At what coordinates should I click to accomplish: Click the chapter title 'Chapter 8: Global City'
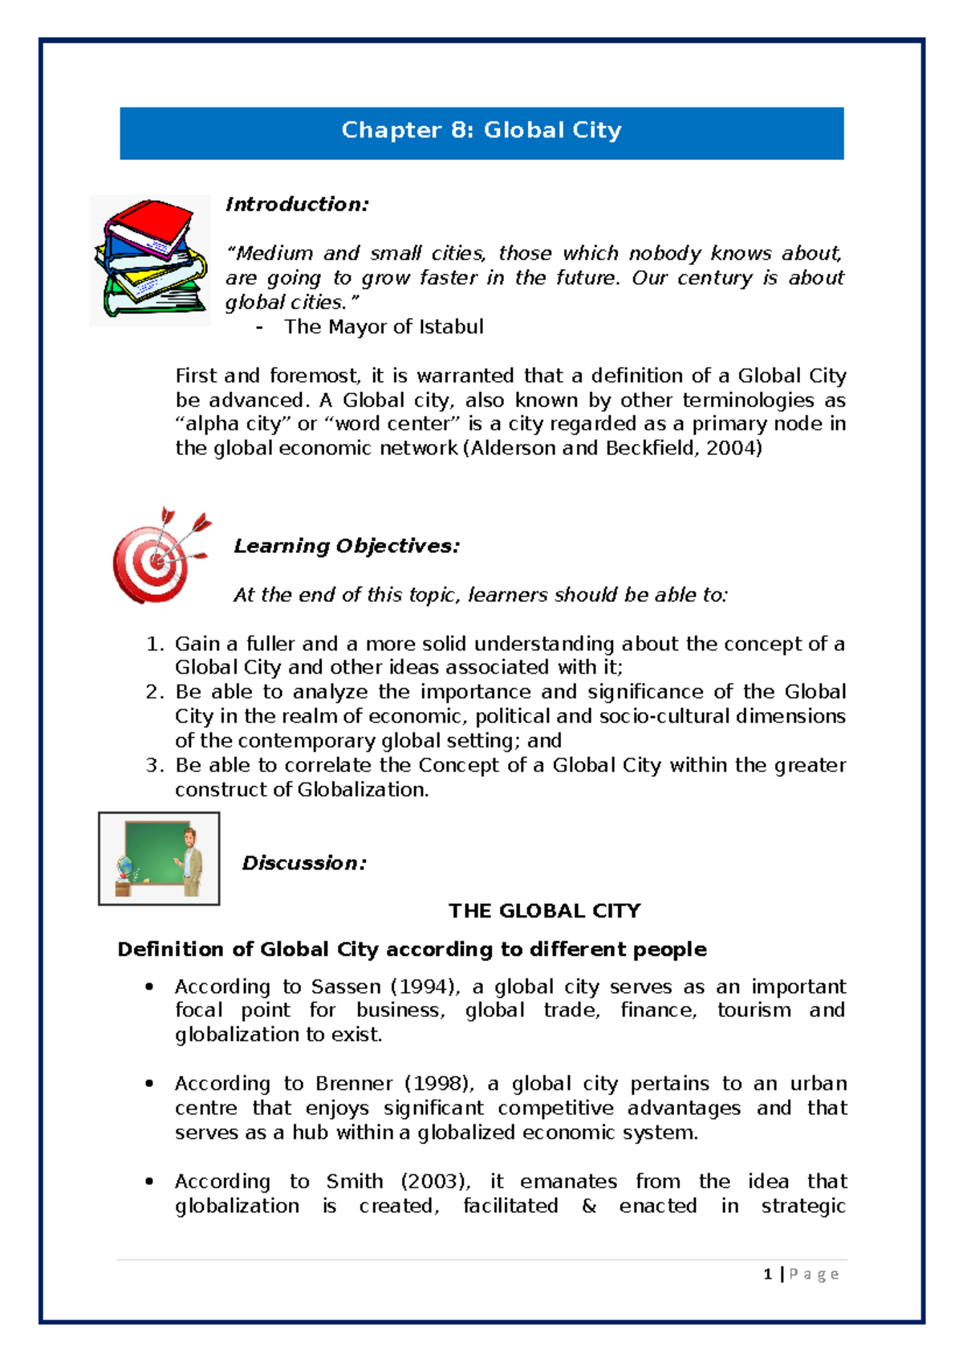click(x=481, y=131)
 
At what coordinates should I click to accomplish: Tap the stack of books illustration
click(x=150, y=259)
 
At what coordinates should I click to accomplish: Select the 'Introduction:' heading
click(x=297, y=205)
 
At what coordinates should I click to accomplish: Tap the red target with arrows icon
click(x=159, y=555)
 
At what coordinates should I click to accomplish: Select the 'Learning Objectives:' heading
click(x=347, y=547)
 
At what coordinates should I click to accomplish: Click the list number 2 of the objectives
click(x=154, y=692)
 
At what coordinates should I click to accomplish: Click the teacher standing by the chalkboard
click(x=190, y=861)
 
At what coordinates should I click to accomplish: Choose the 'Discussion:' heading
click(x=304, y=864)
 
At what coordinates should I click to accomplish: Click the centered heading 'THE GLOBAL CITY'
click(x=544, y=911)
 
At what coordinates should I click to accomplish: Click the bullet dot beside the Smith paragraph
click(x=149, y=1182)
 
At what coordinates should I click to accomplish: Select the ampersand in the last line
click(x=589, y=1206)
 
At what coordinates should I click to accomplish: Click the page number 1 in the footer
click(x=768, y=1274)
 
